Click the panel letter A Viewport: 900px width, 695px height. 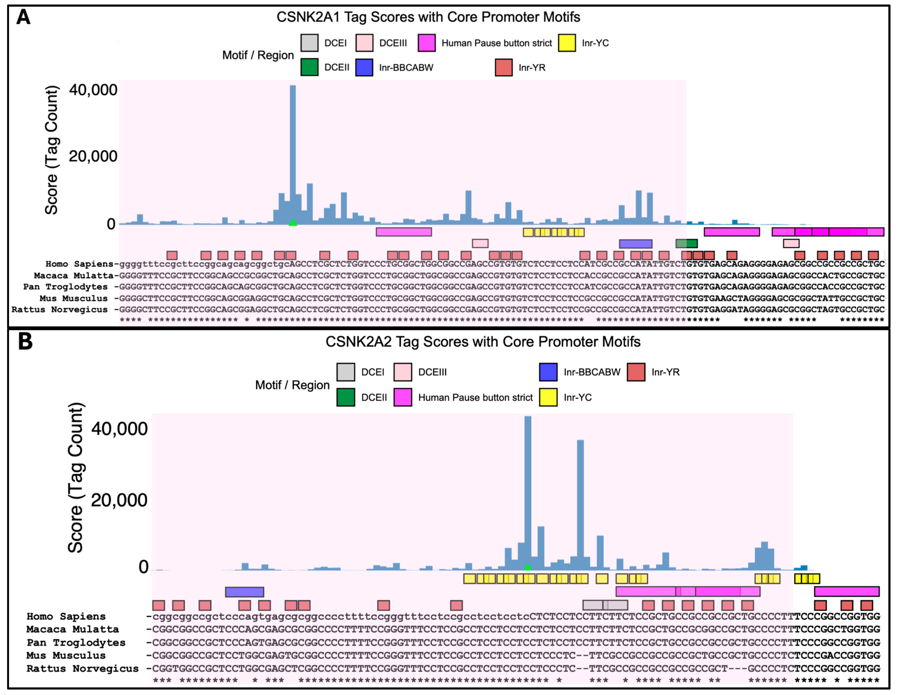point(24,17)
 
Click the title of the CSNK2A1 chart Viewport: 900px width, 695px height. point(428,17)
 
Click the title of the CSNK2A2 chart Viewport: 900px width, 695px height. point(483,342)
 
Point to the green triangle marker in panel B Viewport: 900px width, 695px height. point(528,567)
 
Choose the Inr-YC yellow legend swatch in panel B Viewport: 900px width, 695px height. point(548,397)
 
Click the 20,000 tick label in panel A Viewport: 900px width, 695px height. point(93,157)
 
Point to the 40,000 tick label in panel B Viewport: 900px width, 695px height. point(119,429)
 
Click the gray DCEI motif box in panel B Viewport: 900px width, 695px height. point(605,605)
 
